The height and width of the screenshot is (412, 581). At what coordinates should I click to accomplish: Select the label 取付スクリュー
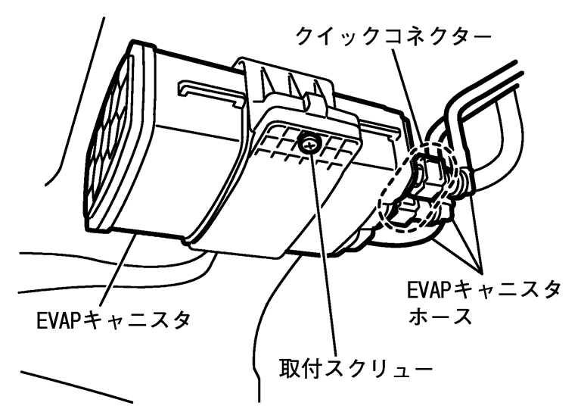350,370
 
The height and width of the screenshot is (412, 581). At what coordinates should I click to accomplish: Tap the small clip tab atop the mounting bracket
308,98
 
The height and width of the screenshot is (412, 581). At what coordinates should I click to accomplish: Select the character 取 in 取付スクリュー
287,370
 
